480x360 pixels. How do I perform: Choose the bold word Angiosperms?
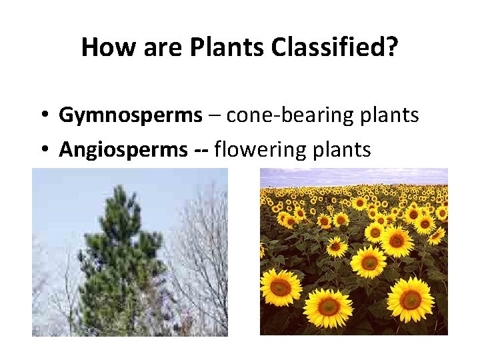coord(123,149)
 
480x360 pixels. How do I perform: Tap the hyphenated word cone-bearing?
coord(291,115)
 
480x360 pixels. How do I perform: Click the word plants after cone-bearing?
coord(389,115)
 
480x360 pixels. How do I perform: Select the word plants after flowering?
coord(341,149)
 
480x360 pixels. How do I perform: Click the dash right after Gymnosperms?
coord(214,116)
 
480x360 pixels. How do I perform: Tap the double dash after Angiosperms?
coord(200,150)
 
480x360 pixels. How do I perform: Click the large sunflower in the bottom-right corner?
coord(410,299)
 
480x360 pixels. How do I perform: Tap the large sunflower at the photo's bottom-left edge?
coord(280,287)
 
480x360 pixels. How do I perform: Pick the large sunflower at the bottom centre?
coord(329,306)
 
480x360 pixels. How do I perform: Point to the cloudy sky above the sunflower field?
coord(353,175)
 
